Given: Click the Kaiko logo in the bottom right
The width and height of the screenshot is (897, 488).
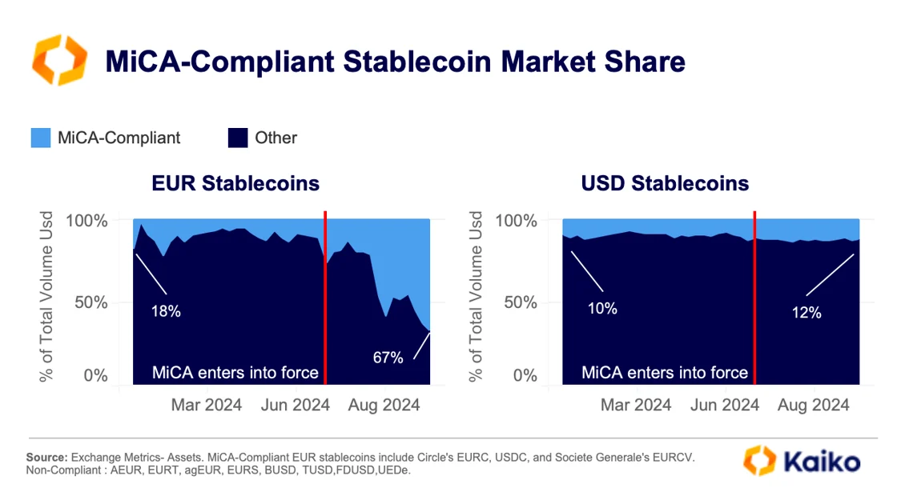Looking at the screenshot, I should (x=801, y=461).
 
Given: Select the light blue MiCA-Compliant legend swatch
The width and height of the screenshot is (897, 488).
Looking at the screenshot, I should (x=41, y=138).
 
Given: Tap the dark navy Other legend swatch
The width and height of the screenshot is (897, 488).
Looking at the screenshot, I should (x=237, y=138).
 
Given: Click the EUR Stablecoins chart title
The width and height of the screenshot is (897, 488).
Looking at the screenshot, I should (x=235, y=183).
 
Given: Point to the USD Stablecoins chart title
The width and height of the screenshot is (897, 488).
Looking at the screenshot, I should (x=665, y=183).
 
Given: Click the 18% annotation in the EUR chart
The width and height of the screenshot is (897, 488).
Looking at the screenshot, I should (x=166, y=311).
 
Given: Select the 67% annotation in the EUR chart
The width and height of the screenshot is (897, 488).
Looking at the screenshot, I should (x=388, y=358).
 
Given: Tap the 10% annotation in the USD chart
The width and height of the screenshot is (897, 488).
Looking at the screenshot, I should (x=601, y=307).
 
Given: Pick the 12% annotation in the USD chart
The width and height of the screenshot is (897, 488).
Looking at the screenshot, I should (x=806, y=313).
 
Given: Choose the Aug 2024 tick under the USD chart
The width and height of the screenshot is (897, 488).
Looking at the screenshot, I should (x=813, y=406).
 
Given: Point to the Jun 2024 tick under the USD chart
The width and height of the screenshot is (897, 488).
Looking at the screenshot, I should (x=723, y=406).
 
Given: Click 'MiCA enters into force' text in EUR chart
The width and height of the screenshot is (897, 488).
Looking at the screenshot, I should (x=235, y=373).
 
